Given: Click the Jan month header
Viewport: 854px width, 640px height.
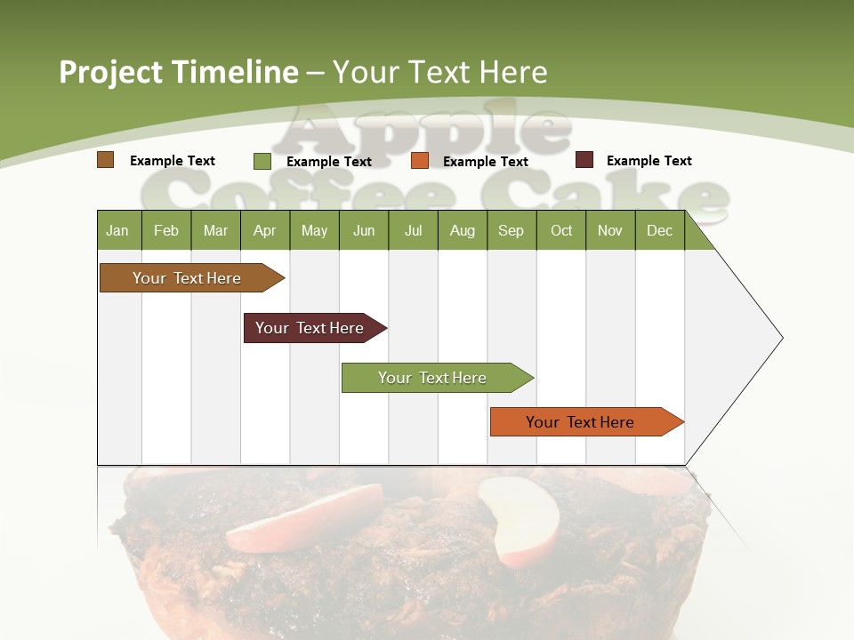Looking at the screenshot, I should (x=117, y=230).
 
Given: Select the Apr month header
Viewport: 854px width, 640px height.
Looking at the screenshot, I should (x=264, y=230).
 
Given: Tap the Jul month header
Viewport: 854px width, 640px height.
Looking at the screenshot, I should (x=413, y=230).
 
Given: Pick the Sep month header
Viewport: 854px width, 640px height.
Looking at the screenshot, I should (x=511, y=230).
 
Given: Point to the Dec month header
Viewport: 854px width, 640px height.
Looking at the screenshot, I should (x=659, y=230).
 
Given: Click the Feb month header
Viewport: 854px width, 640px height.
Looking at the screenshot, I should (x=166, y=230).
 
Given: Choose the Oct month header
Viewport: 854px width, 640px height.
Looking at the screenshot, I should (x=561, y=230).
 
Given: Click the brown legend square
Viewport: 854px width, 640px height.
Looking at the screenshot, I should (x=105, y=160).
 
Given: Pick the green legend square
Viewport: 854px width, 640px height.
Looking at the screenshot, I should (x=262, y=161).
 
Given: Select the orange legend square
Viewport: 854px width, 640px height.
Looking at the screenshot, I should (x=420, y=161).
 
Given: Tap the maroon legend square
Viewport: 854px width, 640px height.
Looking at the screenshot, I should (x=584, y=160).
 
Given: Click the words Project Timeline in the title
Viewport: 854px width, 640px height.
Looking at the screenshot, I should (x=178, y=72).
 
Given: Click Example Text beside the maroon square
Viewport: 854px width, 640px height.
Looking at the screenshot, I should (x=649, y=161).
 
